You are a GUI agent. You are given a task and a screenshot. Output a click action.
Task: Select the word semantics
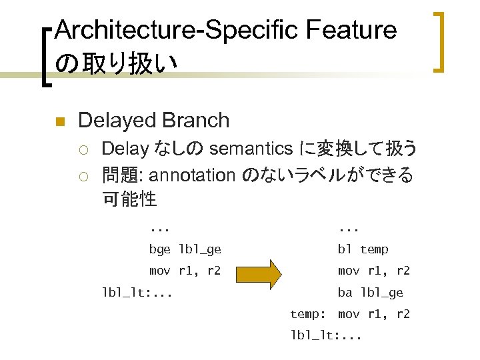tap(251, 148)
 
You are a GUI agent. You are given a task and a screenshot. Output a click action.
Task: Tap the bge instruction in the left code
tap(159, 249)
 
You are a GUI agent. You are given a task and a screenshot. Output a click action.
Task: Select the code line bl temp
tap(363, 249)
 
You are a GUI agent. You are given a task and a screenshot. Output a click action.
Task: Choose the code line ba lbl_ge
tap(370, 293)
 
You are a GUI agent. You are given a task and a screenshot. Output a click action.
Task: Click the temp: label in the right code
tap(307, 314)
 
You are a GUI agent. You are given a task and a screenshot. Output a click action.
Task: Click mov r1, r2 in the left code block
tap(185, 271)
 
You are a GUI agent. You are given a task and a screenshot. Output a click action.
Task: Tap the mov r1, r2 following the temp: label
tap(373, 314)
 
